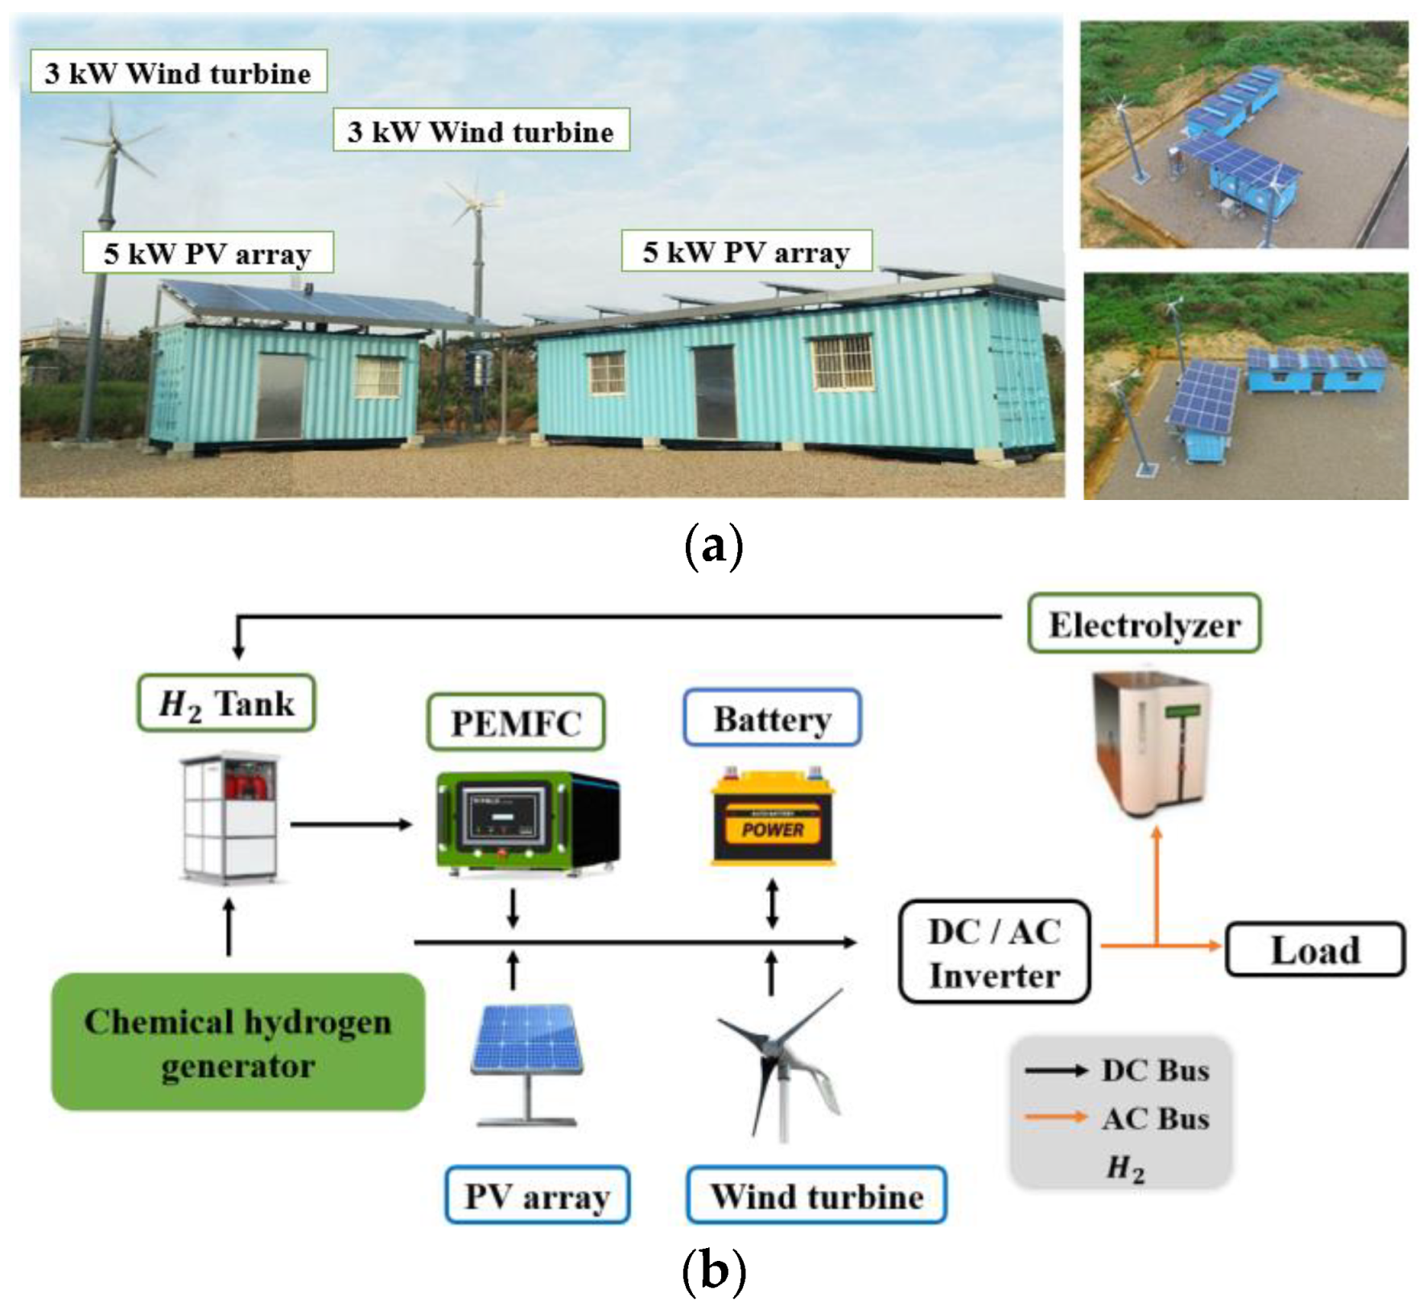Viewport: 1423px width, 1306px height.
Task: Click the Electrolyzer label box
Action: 1144,624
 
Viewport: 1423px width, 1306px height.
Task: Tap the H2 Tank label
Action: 226,703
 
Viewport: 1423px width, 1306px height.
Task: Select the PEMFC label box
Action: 515,721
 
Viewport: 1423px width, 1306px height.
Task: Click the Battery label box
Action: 772,717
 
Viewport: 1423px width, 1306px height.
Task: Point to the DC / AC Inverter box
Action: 994,953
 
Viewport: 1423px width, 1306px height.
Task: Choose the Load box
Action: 1314,950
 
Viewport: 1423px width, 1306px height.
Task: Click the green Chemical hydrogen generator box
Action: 237,1043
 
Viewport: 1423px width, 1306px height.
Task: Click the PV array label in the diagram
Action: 537,1196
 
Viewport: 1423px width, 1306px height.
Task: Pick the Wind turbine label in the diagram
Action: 816,1196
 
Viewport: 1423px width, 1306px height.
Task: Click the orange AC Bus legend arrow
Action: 1055,1117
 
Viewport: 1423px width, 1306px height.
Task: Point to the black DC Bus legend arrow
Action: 1055,1070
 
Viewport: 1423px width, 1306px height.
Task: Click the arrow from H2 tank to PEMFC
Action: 351,824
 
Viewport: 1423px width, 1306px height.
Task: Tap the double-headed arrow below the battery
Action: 772,903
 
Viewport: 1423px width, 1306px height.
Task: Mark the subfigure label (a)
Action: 712,546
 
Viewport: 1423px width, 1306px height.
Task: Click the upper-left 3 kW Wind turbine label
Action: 179,72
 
